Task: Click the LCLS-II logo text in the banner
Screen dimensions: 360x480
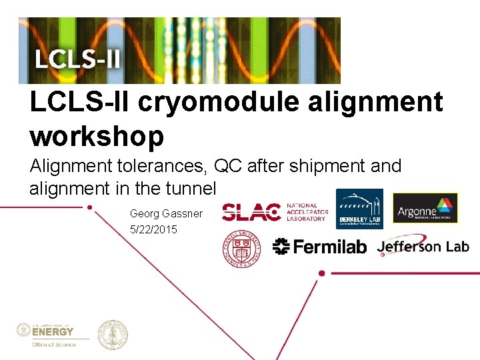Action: pos(78,58)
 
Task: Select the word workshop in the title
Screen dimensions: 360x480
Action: pos(97,136)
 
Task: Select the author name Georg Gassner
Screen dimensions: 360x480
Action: pos(166,214)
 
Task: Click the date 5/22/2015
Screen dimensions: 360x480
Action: pos(154,230)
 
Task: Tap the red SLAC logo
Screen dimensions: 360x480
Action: pos(251,212)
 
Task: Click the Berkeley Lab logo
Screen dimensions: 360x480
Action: pos(359,209)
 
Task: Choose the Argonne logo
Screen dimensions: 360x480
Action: pos(425,207)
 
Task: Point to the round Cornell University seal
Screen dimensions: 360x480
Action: pos(241,249)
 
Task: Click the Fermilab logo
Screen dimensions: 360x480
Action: pos(320,247)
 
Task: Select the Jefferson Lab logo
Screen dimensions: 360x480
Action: pos(423,246)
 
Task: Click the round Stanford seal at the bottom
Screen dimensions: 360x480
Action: pos(113,335)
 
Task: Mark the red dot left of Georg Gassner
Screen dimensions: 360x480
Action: pos(90,207)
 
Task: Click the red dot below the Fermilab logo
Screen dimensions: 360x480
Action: pos(322,273)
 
